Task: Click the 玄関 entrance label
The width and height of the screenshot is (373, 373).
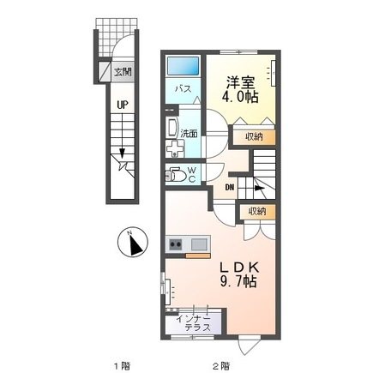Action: pyautogui.click(x=123, y=73)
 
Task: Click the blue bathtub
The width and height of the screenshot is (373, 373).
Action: pyautogui.click(x=183, y=65)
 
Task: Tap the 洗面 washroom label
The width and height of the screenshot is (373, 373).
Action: pyautogui.click(x=188, y=134)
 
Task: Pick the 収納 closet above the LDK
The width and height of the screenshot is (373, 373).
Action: pyautogui.click(x=258, y=212)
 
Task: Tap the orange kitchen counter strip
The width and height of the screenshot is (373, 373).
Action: pyautogui.click(x=197, y=254)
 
